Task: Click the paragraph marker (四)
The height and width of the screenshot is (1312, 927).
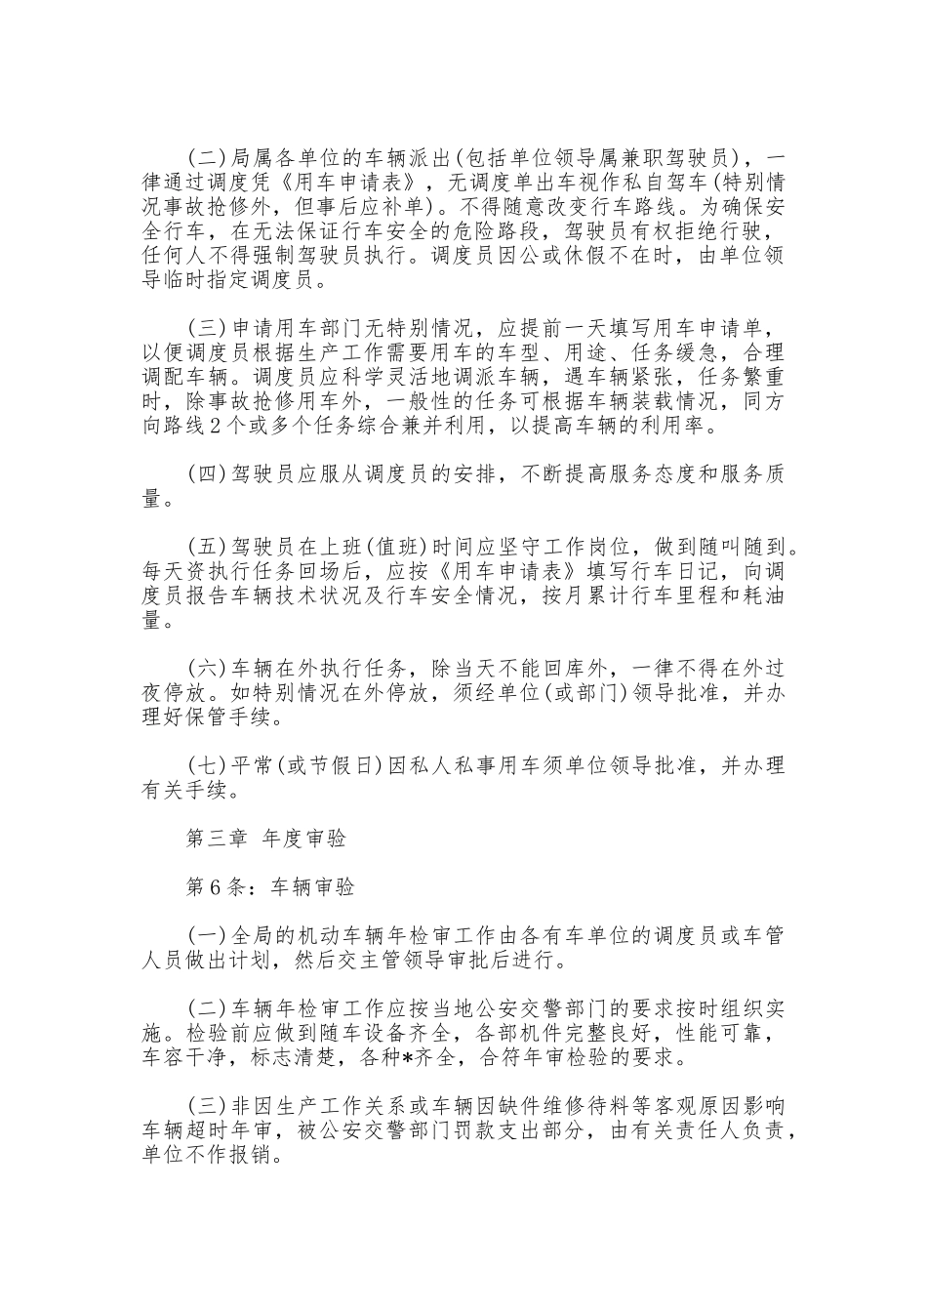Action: click(x=207, y=474)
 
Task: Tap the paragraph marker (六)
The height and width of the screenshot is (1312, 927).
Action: click(x=207, y=670)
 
